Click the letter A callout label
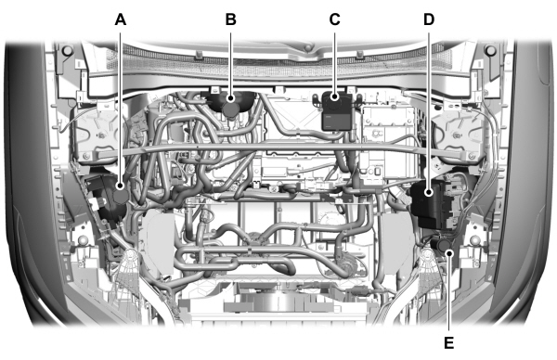pyautogui.click(x=119, y=19)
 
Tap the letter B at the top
pyautogui.click(x=230, y=19)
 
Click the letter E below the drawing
pyautogui.click(x=449, y=342)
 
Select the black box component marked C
pyautogui.click(x=336, y=112)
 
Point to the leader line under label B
pyautogui.click(x=230, y=60)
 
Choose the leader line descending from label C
pyautogui.click(x=336, y=60)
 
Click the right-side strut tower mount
pyautogui.click(x=460, y=130)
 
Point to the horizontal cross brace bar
pyautogui.click(x=278, y=148)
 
